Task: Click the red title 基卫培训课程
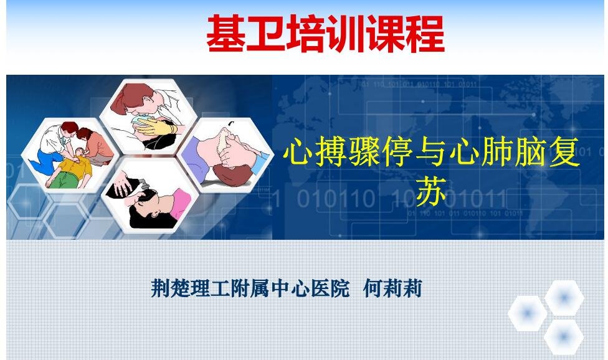pyautogui.click(x=325, y=34)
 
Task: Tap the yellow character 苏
pyautogui.click(x=431, y=191)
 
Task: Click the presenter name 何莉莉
pyautogui.click(x=392, y=289)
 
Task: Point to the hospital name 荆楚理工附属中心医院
pyautogui.click(x=250, y=289)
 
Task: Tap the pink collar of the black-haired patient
pyautogui.click(x=181, y=203)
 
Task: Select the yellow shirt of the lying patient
pyautogui.click(x=75, y=164)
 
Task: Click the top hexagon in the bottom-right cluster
pyautogui.click(x=564, y=298)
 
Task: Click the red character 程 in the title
pyautogui.click(x=425, y=34)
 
